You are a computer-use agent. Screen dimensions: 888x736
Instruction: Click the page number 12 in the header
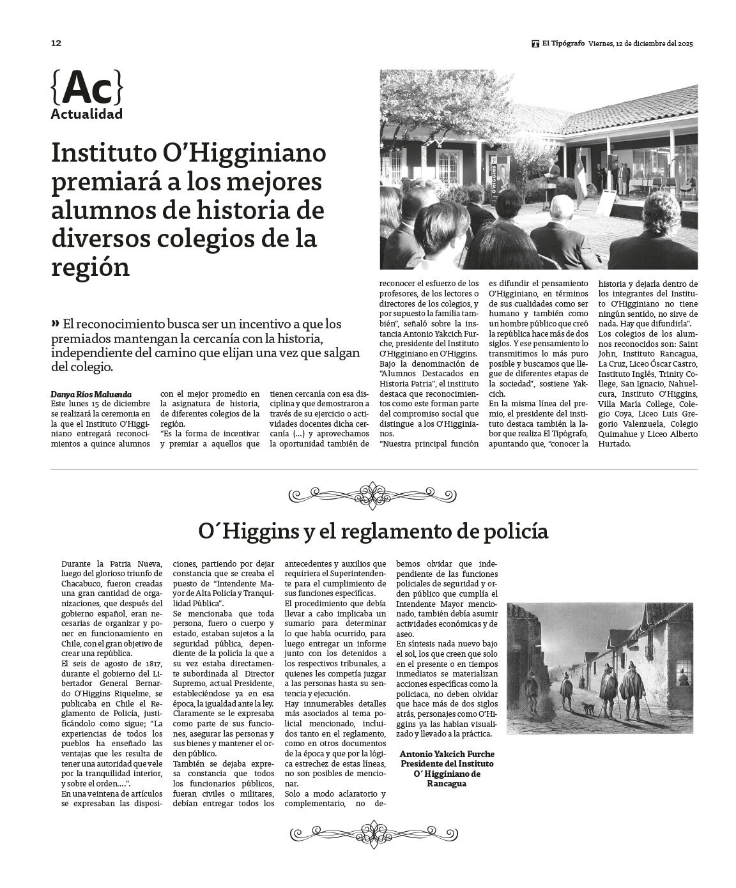(x=56, y=43)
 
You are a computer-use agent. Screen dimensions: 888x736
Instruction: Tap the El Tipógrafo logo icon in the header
(x=535, y=44)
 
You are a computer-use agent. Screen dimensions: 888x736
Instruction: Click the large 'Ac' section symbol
(x=86, y=88)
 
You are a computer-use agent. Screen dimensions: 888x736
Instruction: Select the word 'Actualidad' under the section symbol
(x=86, y=115)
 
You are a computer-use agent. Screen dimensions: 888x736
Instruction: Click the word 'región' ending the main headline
(x=90, y=267)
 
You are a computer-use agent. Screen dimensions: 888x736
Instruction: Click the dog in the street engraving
(x=586, y=707)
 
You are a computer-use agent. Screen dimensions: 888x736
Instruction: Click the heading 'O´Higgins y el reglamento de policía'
(x=373, y=532)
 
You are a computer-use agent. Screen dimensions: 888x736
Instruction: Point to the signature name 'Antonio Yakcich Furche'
(x=447, y=754)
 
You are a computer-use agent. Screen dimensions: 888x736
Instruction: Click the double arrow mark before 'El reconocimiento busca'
(x=56, y=323)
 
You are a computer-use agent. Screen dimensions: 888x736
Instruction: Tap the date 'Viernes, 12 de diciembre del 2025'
(x=641, y=44)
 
